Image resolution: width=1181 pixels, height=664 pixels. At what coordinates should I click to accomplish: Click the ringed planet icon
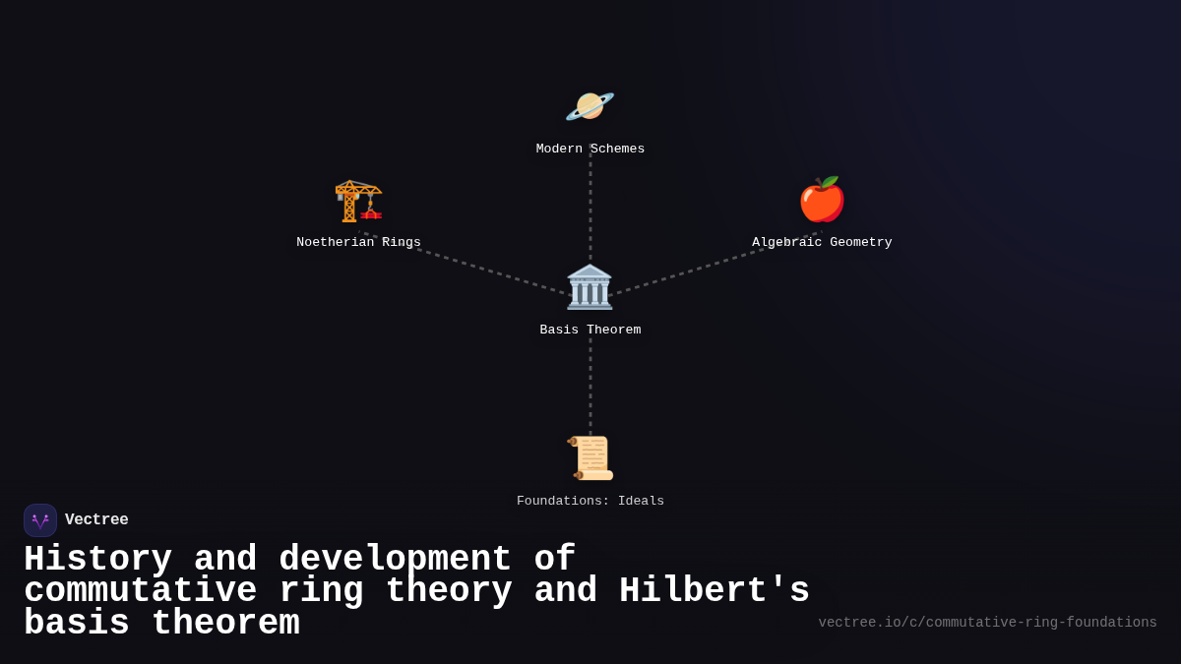point(590,106)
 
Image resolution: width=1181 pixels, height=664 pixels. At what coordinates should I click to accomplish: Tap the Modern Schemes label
point(590,150)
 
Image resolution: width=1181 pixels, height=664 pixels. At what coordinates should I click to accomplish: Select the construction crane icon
point(358,201)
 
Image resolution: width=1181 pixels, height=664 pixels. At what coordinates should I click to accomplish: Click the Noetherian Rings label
point(358,243)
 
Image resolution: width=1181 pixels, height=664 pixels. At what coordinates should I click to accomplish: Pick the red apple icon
point(822,200)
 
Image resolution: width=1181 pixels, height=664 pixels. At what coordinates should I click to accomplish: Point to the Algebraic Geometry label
point(822,243)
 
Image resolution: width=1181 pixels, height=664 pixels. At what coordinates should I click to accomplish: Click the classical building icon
point(590,287)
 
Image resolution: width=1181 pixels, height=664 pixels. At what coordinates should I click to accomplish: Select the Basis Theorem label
point(590,331)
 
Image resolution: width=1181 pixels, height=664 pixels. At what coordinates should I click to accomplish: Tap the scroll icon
point(590,458)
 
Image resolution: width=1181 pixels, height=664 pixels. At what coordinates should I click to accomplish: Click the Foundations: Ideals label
point(590,502)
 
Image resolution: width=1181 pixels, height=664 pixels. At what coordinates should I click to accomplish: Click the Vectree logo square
point(40,520)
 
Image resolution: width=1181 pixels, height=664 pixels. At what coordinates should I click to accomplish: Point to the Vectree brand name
point(96,520)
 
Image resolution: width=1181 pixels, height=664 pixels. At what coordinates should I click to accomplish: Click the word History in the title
point(97,560)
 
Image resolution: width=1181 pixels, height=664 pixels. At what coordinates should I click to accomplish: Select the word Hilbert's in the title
point(714,591)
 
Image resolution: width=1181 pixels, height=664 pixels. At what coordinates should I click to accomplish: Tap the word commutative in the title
point(140,591)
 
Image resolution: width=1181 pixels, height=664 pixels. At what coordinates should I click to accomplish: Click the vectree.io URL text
point(987,623)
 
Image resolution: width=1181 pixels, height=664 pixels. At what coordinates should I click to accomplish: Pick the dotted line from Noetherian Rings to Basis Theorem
point(472,266)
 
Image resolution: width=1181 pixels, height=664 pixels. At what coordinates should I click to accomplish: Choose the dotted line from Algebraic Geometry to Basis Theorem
point(709,266)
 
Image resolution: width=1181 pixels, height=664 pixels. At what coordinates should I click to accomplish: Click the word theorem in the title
point(225,624)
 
